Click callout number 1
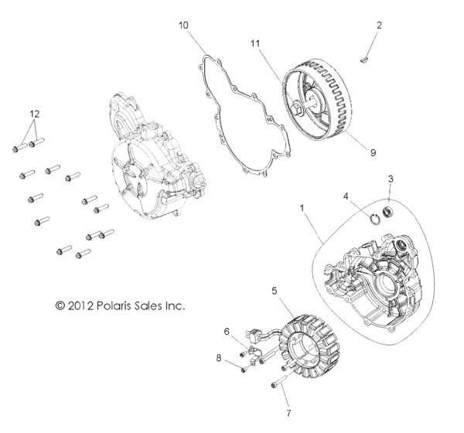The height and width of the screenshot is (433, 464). tap(302, 208)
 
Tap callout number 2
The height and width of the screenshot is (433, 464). tap(379, 26)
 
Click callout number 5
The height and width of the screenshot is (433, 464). tap(274, 292)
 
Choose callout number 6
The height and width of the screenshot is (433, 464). tap(227, 331)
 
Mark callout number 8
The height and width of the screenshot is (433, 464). tap(219, 357)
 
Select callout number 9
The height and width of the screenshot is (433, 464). tap(373, 153)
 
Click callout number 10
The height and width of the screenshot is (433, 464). tap(183, 26)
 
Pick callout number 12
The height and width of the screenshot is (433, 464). tap(32, 113)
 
